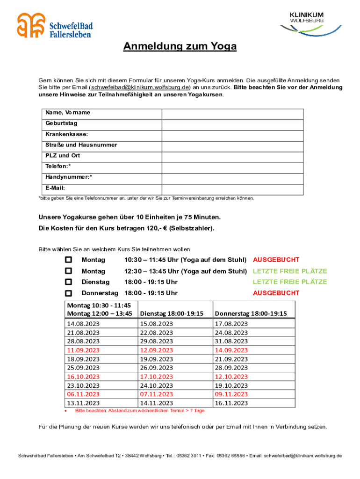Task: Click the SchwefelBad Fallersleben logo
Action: pyautogui.click(x=54, y=26)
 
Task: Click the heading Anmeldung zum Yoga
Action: pyautogui.click(x=180, y=47)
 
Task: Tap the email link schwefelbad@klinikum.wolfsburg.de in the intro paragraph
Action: pyautogui.click(x=140, y=87)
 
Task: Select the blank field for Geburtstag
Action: pyautogui.click(x=232, y=124)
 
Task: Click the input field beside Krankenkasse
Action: pyautogui.click(x=232, y=135)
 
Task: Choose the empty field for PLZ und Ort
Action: pyautogui.click(x=232, y=156)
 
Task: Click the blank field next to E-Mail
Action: pyautogui.click(x=232, y=189)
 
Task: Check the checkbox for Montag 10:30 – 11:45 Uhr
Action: pyautogui.click(x=69, y=260)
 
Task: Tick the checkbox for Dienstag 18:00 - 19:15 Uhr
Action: pyautogui.click(x=69, y=282)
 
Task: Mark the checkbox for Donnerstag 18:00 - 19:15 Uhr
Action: pyautogui.click(x=69, y=293)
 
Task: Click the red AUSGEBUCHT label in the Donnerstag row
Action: pyautogui.click(x=276, y=293)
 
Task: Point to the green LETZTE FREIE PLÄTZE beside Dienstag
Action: pyautogui.click(x=290, y=282)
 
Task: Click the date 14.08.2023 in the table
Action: pyautogui.click(x=84, y=324)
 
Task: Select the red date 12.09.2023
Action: pyautogui.click(x=157, y=350)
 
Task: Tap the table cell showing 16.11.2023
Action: pyautogui.click(x=231, y=403)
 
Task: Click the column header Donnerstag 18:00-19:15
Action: pyautogui.click(x=251, y=313)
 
